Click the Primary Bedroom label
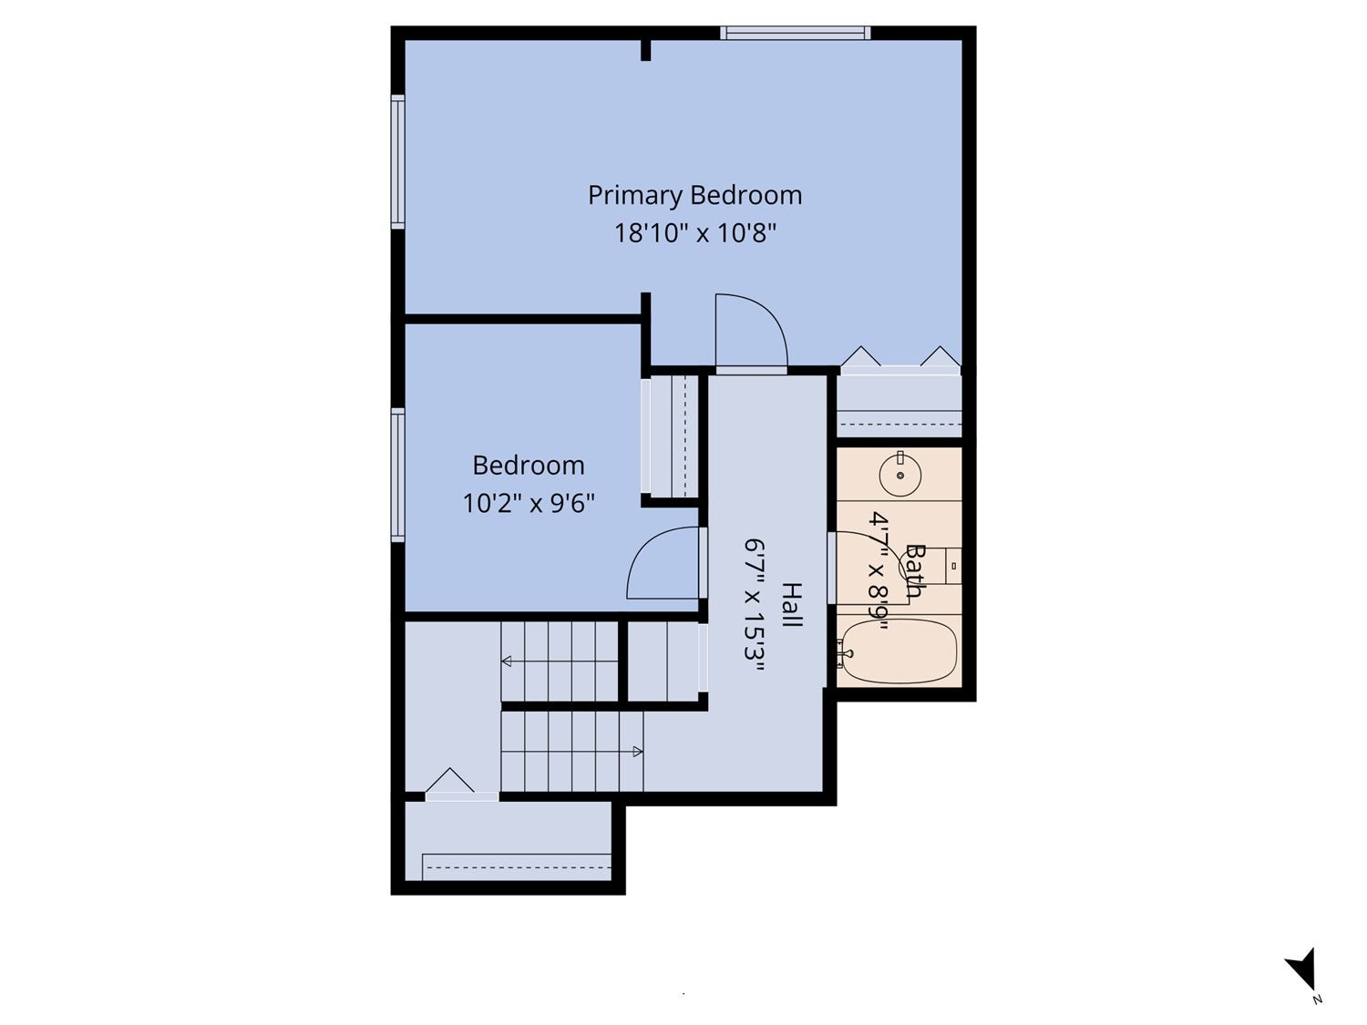click(x=695, y=195)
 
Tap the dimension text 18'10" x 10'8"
click(x=695, y=233)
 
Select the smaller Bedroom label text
click(x=528, y=466)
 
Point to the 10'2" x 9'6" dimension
click(x=528, y=503)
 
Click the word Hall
click(x=792, y=604)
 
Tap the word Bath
click(x=914, y=570)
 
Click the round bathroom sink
click(x=899, y=475)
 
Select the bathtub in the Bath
click(x=897, y=651)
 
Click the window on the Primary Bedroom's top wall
click(x=796, y=33)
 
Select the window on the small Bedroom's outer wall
click(x=398, y=475)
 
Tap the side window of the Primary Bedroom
click(x=398, y=162)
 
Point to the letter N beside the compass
click(x=1317, y=1000)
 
